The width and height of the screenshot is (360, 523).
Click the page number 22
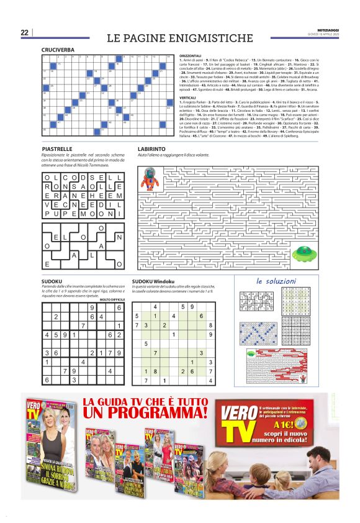[24, 32]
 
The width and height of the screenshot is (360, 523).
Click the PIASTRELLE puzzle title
[56, 150]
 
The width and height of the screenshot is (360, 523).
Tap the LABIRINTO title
[152, 150]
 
